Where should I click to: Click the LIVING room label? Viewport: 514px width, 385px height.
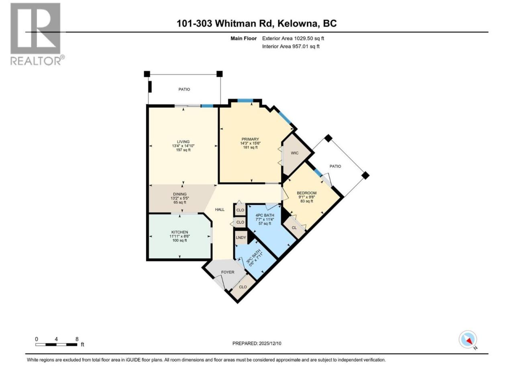pos(183,142)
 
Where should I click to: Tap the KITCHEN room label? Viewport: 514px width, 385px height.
pos(179,232)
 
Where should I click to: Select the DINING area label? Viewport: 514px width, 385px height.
pos(180,194)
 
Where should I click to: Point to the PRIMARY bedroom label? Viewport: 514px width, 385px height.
pos(250,139)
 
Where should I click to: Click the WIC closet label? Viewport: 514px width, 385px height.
pos(295,153)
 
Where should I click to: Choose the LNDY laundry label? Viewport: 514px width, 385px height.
pos(241,237)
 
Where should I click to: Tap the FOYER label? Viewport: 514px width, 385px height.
pos(228,272)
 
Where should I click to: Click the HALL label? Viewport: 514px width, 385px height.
pos(220,209)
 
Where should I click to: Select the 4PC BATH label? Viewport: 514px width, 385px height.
pos(265,215)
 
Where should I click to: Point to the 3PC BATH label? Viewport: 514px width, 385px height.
pos(253,257)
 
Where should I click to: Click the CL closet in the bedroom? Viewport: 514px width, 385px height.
pos(294,227)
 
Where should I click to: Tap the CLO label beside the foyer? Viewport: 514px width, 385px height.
pos(243,287)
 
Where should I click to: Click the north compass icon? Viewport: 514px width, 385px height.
pos(468,339)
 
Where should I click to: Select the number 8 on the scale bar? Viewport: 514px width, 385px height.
pos(77,339)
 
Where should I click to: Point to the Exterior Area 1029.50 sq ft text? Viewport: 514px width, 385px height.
pos(293,38)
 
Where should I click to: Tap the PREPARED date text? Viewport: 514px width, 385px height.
pos(257,343)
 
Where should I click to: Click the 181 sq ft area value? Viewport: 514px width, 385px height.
pos(250,148)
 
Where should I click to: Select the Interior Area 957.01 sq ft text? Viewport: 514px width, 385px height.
pos(291,46)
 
